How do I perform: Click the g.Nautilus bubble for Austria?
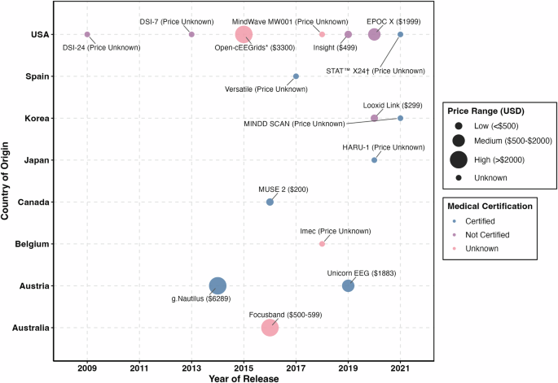click(x=217, y=285)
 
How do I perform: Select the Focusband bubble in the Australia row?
click(x=270, y=328)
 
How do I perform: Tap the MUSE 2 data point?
click(x=270, y=202)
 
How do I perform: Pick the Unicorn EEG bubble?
click(x=348, y=285)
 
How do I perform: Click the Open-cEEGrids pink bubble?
click(x=244, y=34)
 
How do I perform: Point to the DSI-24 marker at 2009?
click(x=87, y=34)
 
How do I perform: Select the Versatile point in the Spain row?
click(x=296, y=76)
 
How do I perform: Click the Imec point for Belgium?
click(x=322, y=243)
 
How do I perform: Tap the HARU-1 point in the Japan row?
click(x=374, y=160)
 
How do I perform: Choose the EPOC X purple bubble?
click(x=374, y=34)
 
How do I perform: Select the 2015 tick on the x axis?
click(x=244, y=369)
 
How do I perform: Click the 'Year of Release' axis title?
click(x=244, y=378)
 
